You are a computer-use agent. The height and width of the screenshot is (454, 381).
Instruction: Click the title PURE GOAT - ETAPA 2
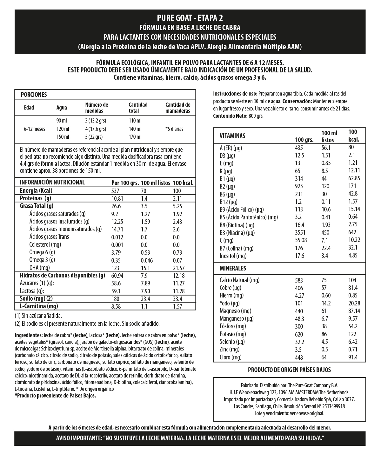190,17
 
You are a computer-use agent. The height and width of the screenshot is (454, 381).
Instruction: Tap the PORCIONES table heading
34,95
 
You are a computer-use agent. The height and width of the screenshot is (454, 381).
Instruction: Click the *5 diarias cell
174,129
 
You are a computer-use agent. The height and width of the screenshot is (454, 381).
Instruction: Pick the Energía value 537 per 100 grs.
115,191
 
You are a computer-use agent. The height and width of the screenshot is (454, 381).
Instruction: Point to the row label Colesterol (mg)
45,244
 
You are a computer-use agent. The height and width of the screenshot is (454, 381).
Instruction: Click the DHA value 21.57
178,268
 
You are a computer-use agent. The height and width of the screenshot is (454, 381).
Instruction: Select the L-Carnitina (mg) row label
39,306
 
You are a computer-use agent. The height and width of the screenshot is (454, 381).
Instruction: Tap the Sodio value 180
115,299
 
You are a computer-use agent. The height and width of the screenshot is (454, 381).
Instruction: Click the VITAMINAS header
232,136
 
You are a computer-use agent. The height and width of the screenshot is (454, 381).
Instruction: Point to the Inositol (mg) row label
233,256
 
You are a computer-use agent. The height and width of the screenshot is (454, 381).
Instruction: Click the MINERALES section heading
233,268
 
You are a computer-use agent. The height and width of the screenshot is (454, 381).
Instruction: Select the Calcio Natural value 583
299,280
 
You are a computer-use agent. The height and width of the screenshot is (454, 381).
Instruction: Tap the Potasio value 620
299,334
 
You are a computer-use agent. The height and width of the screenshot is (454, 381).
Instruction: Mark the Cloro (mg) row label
231,357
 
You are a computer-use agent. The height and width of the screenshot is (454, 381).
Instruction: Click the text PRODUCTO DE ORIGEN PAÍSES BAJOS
289,370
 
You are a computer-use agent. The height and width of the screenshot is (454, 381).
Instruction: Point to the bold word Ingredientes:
29,335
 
